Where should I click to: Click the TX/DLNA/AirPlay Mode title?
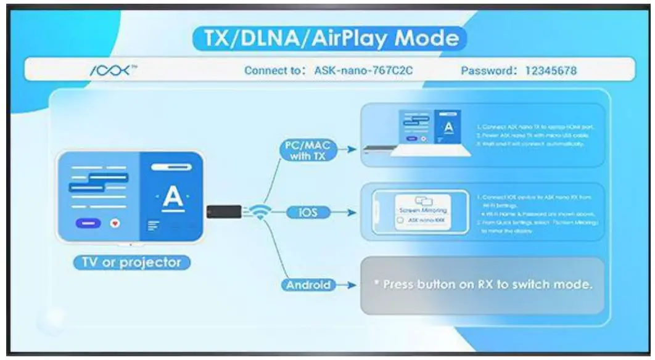point(326,39)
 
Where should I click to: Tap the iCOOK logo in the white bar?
point(112,70)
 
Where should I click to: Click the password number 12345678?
point(550,71)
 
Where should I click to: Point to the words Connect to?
point(271,71)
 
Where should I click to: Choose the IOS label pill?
point(308,213)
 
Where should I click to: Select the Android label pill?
point(308,285)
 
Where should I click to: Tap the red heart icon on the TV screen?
point(114,223)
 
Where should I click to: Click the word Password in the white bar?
point(487,71)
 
